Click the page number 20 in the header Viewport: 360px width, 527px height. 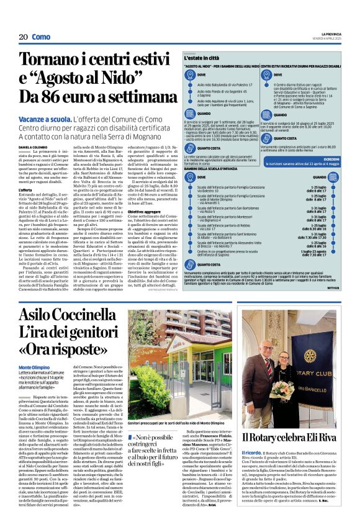point(23,37)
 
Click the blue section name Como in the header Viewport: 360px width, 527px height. point(41,37)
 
